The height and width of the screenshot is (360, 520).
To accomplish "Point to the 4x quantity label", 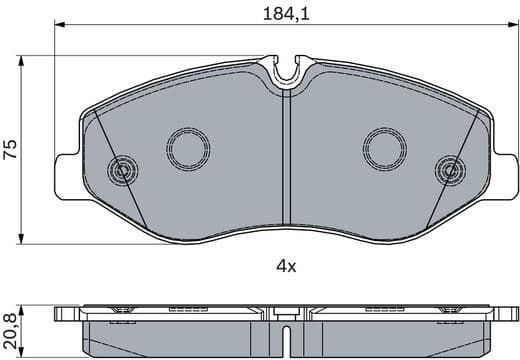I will click(x=286, y=265).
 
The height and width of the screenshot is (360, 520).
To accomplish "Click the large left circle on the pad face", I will click(x=187, y=149).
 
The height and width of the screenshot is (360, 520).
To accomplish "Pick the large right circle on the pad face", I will click(x=384, y=149).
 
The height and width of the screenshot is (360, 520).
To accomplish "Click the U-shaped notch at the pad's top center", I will click(x=287, y=71).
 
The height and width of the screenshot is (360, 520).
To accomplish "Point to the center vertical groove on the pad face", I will click(x=287, y=160).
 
